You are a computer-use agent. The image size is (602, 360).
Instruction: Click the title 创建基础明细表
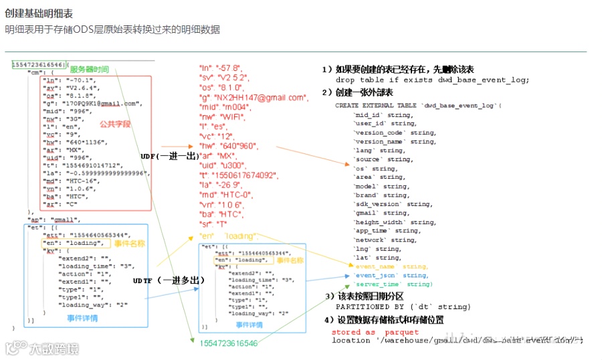pos(38,13)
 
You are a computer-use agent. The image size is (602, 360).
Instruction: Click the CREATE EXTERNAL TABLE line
pos(417,105)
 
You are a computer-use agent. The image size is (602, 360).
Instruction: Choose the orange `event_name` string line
pos(391,266)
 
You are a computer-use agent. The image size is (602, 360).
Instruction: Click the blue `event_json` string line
pos(391,275)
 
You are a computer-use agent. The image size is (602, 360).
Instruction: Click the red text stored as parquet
pos(375,332)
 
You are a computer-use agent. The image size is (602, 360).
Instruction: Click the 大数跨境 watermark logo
pos(41,349)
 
